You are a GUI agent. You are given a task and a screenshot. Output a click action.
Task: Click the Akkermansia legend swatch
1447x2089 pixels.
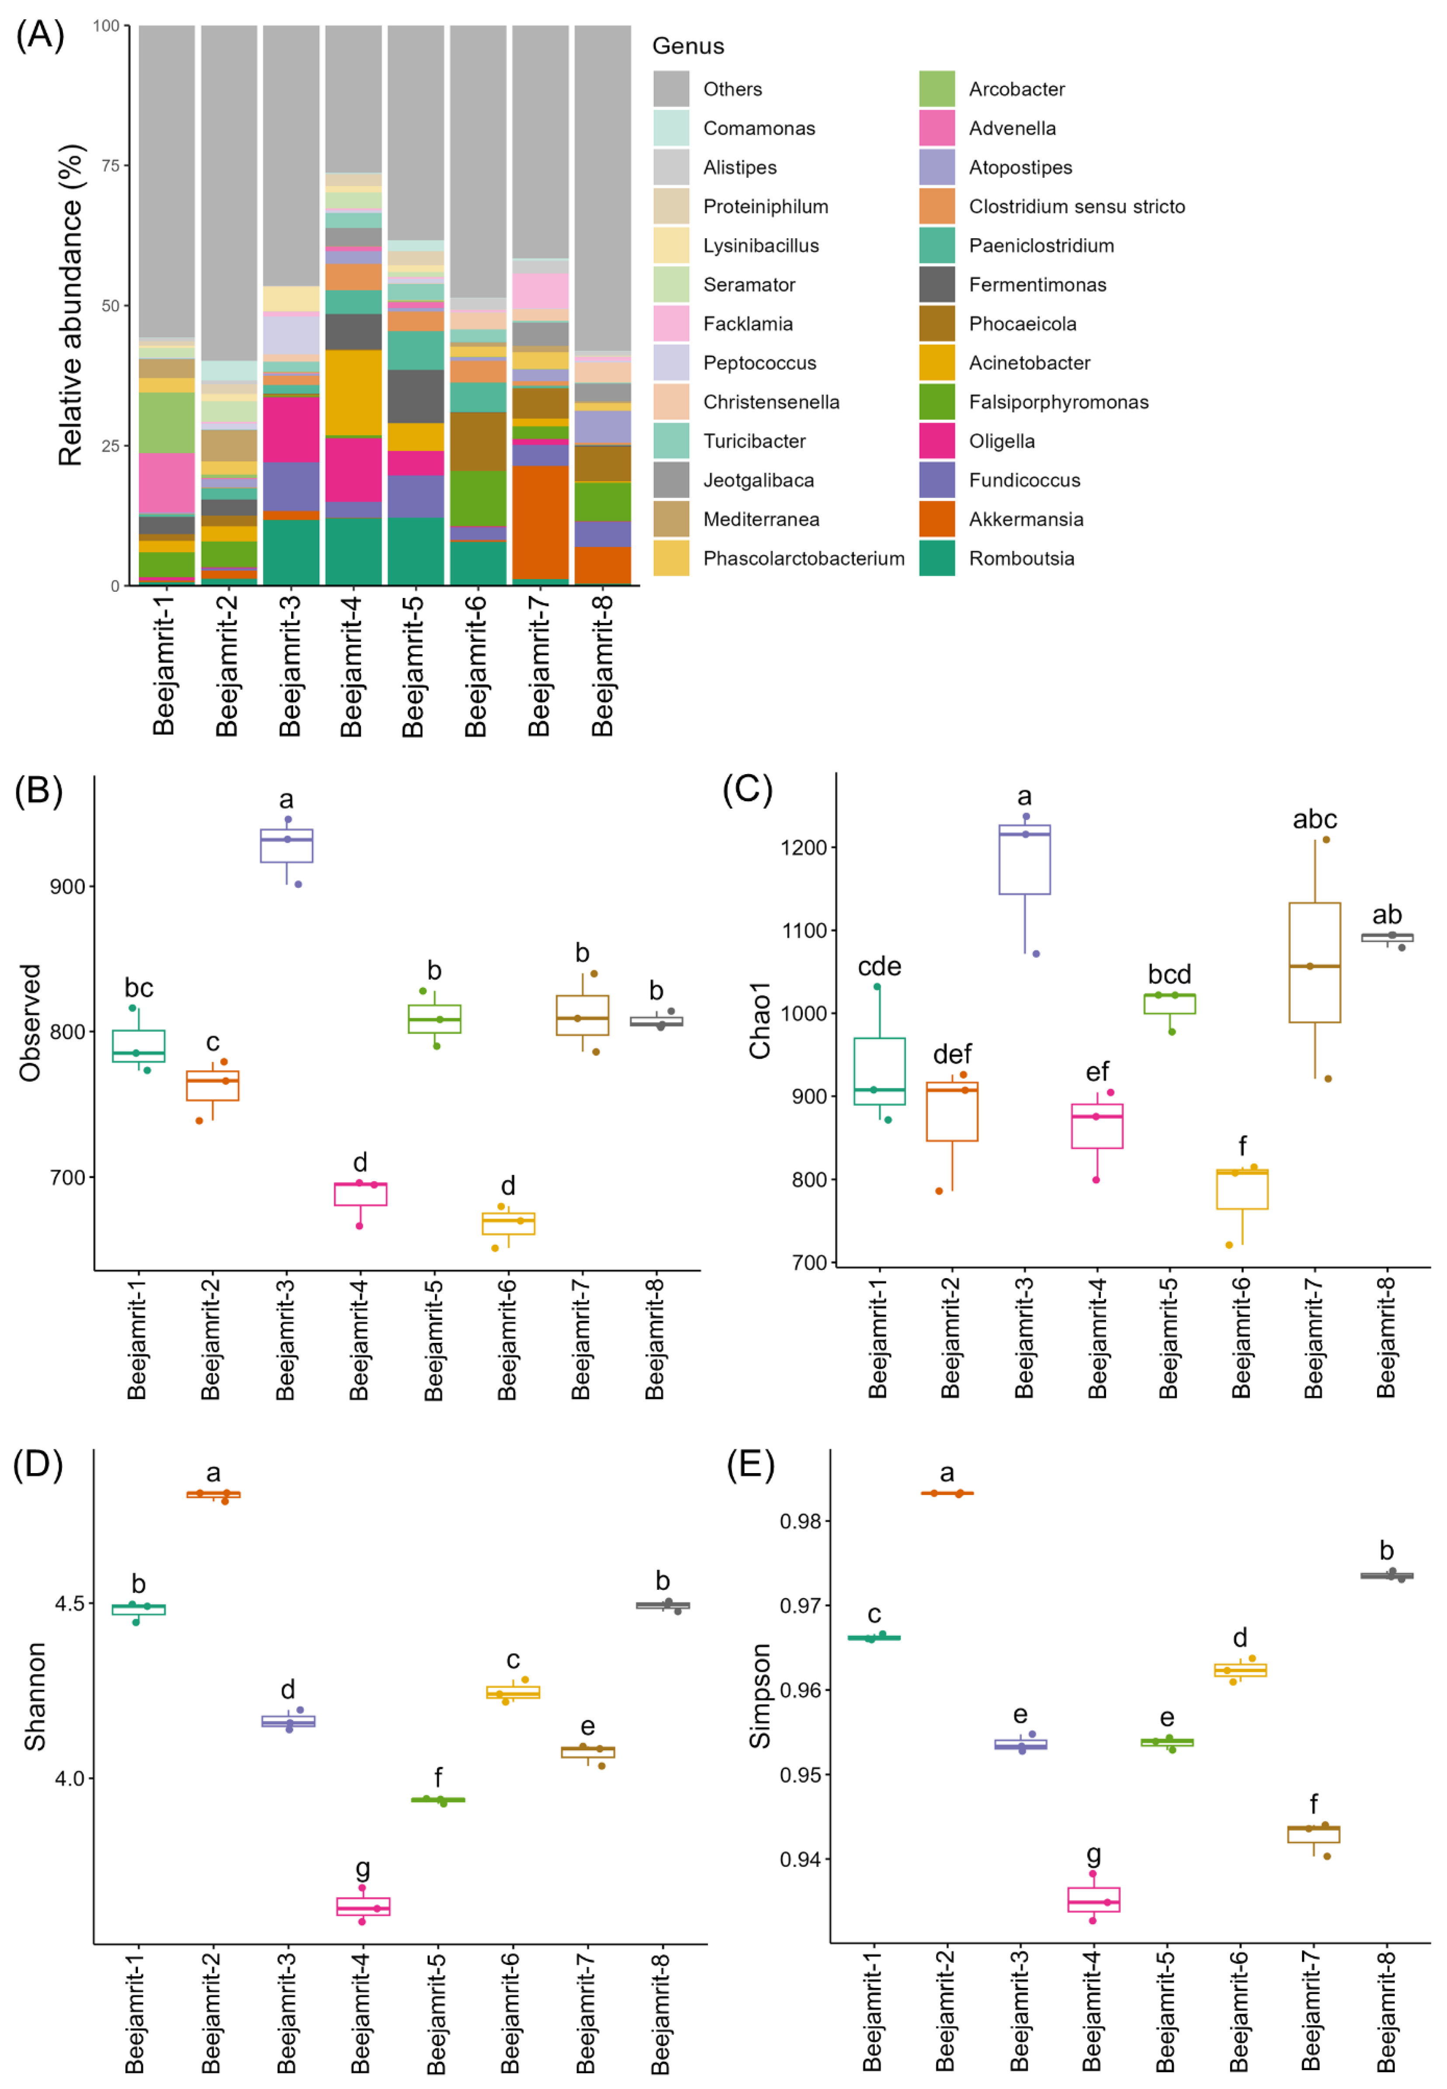point(937,520)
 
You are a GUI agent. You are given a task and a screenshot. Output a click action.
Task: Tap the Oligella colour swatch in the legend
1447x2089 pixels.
point(937,441)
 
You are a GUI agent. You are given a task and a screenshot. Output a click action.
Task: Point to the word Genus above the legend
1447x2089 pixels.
point(688,46)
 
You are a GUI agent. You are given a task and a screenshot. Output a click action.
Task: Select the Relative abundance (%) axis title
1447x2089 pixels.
point(71,306)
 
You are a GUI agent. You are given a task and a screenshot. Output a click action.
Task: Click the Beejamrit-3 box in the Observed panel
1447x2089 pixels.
point(287,845)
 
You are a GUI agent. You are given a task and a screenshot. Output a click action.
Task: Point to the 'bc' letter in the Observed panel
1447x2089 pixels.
point(139,987)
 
